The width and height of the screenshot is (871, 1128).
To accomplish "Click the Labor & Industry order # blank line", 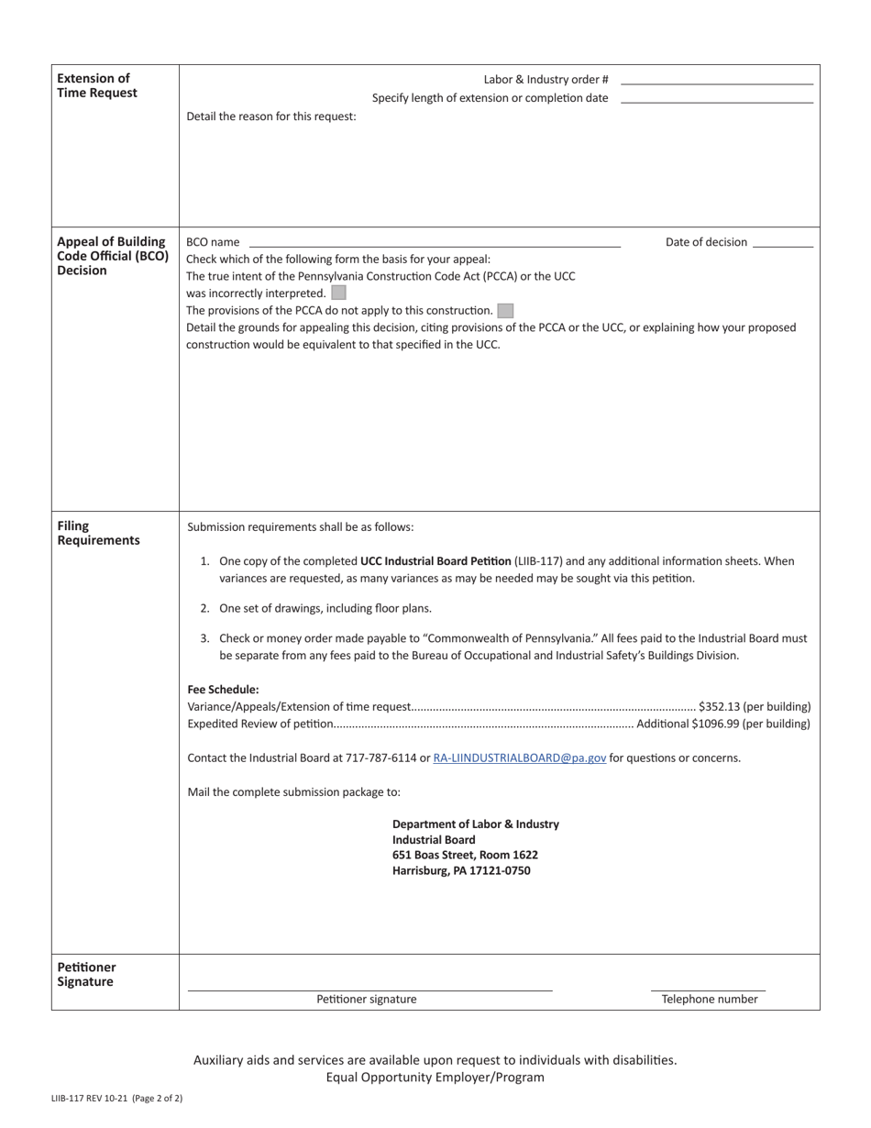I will [x=717, y=83].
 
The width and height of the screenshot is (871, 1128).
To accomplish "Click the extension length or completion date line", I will [x=717, y=101].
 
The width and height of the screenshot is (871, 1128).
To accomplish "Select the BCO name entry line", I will [x=434, y=245].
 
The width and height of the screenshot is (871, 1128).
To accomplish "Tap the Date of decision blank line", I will [x=782, y=245].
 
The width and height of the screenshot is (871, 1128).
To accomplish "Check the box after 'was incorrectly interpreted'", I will [x=338, y=293].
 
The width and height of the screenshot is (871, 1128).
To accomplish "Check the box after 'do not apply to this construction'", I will [x=505, y=311].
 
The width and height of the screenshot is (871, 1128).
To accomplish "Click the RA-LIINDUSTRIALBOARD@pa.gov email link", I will [x=519, y=758].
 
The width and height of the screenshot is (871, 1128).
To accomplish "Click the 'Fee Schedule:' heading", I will [x=223, y=690].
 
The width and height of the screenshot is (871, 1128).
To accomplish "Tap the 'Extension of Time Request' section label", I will [x=97, y=85].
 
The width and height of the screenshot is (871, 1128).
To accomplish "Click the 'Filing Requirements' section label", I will [x=98, y=533].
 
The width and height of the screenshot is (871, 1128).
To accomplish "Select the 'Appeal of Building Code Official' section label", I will [x=112, y=256].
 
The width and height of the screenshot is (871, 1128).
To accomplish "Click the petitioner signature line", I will [x=369, y=988].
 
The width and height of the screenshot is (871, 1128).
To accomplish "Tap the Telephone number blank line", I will [x=708, y=988].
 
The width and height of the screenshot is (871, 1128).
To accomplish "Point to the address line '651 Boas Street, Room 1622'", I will [x=465, y=855].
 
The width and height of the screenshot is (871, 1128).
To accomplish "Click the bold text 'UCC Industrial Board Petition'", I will [x=435, y=561].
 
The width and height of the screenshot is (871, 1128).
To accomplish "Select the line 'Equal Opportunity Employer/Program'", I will [x=435, y=1078].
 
